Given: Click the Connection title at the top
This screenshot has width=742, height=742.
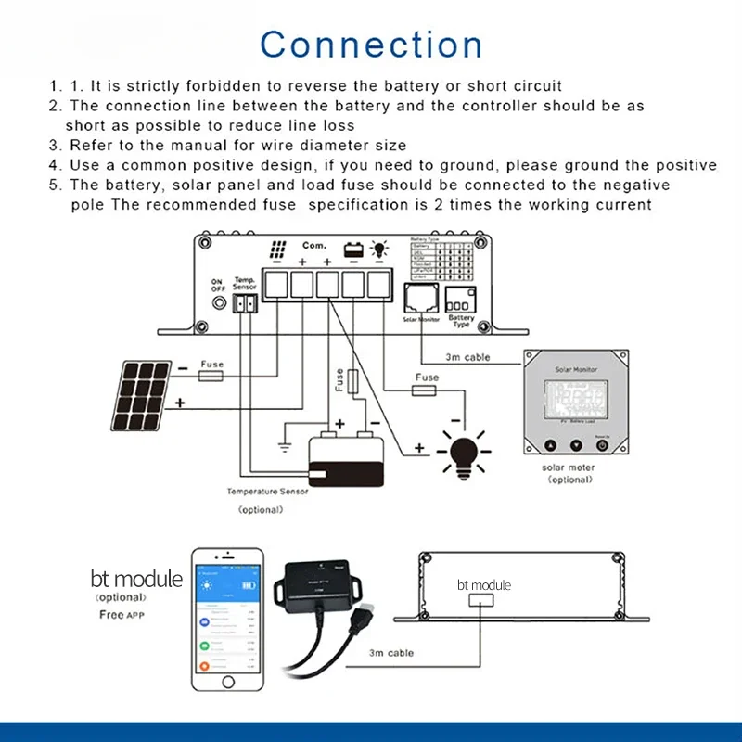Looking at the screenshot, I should point(371,45).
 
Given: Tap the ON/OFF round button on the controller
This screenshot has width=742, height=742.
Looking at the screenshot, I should point(219,302).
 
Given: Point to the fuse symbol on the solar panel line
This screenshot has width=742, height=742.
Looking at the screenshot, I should point(211,378).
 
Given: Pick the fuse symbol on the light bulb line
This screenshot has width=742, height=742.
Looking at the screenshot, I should point(426,392).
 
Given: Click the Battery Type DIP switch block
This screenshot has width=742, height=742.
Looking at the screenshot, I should point(460,299).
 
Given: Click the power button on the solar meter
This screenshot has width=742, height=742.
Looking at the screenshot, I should point(602,445).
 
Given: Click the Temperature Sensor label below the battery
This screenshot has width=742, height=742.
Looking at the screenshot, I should point(267,492).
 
